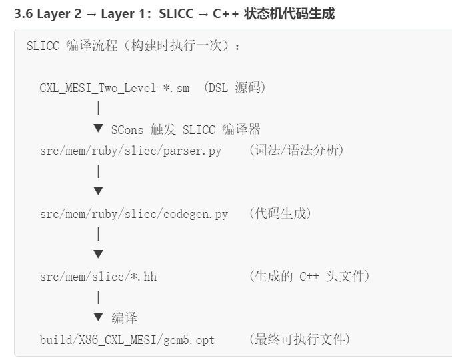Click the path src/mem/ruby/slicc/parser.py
[x=131, y=151]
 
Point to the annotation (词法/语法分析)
[x=297, y=151]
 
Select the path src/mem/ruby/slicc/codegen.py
[x=134, y=214]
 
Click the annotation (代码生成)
[x=280, y=214]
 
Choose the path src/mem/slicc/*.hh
[x=98, y=276]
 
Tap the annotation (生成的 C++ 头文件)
[x=309, y=276]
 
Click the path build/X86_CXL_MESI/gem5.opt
[x=127, y=339]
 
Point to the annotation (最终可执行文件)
[x=299, y=339]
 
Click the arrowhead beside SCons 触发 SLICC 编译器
[x=99, y=128]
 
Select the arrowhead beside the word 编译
[x=99, y=317]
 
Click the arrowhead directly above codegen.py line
[x=99, y=191]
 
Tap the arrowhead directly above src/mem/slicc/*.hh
[x=99, y=254]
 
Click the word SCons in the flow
[x=127, y=129]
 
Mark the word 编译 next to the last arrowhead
[x=125, y=318]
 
